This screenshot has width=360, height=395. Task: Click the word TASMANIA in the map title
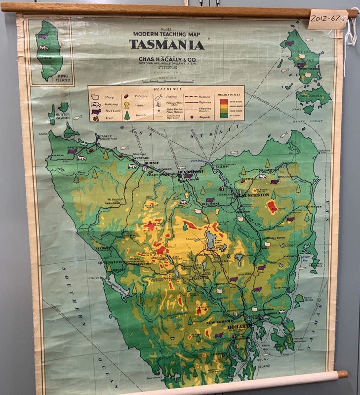pos(167,44)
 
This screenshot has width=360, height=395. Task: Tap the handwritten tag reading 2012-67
pos(327,19)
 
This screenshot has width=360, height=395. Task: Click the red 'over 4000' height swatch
pos(224,102)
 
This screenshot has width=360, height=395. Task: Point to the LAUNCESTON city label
pos(253,195)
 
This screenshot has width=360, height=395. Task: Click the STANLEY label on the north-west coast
pos(105,136)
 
